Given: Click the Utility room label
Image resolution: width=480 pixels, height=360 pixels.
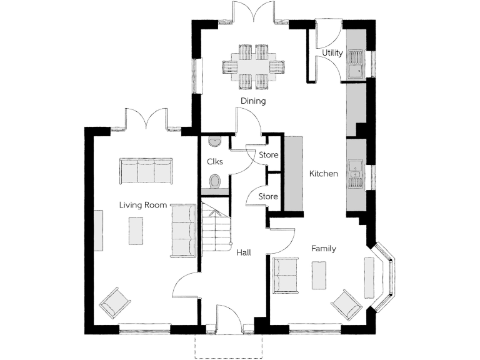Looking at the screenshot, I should coord(332,53).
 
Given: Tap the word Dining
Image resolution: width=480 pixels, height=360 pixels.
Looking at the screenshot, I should coord(253,101).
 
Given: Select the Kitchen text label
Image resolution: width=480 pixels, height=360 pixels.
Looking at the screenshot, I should coord(324,174).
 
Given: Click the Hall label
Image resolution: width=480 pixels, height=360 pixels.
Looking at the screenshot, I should coord(244,252).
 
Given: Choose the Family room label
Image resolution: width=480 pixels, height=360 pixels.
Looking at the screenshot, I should coord(324,248).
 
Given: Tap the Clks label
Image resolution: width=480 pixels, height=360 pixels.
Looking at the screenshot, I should coord(215,161).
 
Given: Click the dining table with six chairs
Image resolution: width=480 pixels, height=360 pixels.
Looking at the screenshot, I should coord(253,65).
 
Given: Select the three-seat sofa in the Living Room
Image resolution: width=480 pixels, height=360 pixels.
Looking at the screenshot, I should coord(145,171).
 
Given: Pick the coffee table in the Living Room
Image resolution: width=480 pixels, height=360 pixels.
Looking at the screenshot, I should coord(136,230).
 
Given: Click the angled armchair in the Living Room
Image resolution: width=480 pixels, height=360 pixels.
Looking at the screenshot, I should coord(115,303).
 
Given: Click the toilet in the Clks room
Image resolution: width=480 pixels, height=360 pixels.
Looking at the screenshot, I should coord(215,182).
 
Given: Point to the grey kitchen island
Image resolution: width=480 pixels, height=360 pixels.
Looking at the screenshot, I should coord(293,174).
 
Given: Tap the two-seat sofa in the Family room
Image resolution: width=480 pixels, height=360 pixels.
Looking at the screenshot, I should coord(285,274).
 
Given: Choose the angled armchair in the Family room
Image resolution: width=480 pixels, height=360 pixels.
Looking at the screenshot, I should coord(346,304).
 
